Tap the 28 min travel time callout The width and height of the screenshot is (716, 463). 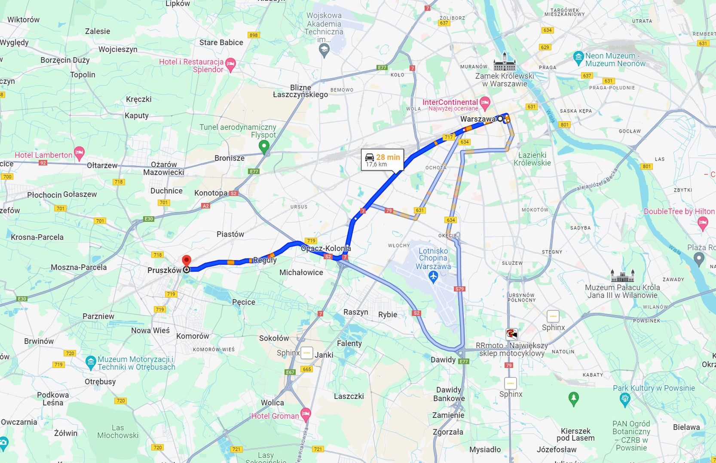[382, 160]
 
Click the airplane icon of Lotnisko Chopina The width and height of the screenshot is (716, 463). [433, 277]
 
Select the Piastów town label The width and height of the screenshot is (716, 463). [230, 234]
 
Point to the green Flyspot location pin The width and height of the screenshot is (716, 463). [264, 147]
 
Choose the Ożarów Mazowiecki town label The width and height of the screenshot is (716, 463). [164, 169]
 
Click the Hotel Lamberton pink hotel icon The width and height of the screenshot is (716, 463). [79, 152]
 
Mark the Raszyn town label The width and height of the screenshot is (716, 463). [355, 312]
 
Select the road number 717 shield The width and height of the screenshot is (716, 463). [449, 137]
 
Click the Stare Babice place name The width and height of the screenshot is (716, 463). [221, 43]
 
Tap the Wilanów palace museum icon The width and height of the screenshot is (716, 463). [622, 275]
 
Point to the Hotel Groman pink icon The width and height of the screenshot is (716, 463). [306, 414]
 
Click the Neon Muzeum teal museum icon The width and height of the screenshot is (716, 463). [578, 57]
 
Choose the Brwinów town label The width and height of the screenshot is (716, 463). [39, 341]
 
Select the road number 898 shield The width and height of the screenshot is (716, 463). [254, 35]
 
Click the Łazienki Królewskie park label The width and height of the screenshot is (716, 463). [532, 159]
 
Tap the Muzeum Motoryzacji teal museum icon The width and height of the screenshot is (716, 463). [90, 362]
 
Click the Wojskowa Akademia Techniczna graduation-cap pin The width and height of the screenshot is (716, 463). [324, 51]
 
